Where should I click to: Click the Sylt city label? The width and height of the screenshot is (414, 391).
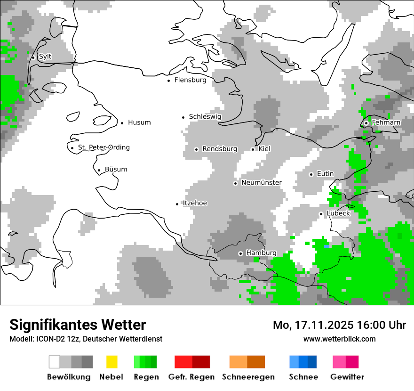click(45, 57)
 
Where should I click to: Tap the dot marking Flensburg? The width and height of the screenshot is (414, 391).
click(169, 81)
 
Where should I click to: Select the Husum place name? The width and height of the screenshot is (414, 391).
click(139, 122)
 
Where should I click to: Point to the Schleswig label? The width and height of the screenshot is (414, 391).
click(205, 116)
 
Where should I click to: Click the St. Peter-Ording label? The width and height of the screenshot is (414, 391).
click(103, 147)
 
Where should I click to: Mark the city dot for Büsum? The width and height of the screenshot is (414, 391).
click(99, 171)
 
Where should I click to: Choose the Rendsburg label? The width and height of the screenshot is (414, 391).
click(220, 149)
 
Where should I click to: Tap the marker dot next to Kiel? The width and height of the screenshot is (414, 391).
click(253, 149)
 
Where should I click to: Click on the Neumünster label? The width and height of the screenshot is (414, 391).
click(261, 182)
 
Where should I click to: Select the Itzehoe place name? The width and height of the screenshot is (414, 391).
click(195, 203)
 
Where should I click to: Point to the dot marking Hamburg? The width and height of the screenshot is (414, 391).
click(240, 253)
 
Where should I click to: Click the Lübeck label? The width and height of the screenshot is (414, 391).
click(338, 213)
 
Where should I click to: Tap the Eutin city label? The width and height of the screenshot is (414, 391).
click(325, 174)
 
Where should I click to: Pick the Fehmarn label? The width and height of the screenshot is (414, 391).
click(386, 122)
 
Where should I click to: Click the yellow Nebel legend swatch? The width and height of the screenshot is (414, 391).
click(111, 362)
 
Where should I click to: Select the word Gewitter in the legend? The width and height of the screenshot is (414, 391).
click(347, 377)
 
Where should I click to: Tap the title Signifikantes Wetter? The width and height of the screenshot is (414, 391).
click(78, 325)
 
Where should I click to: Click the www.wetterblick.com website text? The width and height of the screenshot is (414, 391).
click(339, 339)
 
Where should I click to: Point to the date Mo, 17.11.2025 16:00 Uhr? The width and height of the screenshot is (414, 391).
click(339, 325)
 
